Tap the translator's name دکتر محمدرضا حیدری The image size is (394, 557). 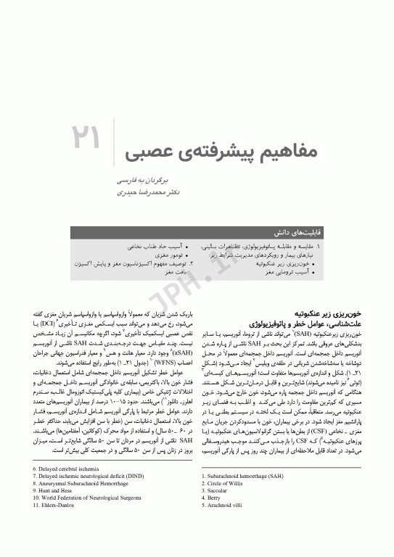tap(149, 194)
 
